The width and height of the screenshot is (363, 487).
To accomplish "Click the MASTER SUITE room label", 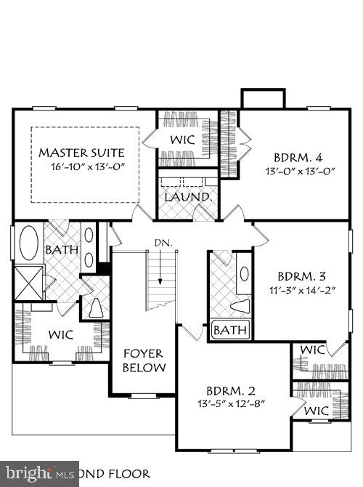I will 81,153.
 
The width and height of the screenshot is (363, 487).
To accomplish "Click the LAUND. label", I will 187,197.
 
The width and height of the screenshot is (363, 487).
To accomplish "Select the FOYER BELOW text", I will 143,361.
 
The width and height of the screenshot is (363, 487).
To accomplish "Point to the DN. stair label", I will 162,243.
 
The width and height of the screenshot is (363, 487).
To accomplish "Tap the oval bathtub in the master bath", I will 30,243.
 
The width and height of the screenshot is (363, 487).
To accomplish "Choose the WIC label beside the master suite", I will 181,138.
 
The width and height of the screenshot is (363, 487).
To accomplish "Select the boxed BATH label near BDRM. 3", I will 230,331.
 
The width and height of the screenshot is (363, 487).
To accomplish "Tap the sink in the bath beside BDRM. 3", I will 243,275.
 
